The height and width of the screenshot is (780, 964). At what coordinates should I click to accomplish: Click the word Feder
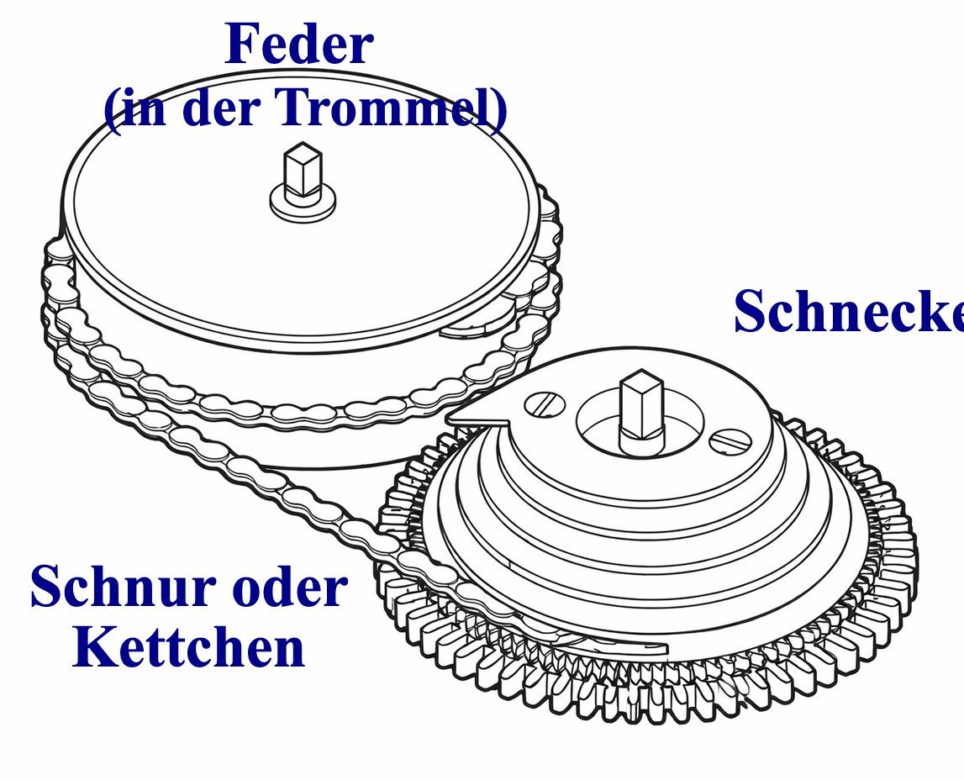point(299,45)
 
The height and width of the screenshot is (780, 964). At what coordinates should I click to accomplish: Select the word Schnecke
point(849,311)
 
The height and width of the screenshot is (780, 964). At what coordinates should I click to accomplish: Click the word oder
point(291,587)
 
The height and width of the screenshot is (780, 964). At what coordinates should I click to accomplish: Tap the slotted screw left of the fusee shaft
point(545,405)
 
